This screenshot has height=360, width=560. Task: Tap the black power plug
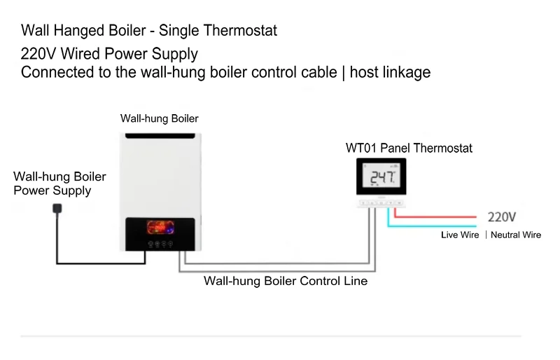pyautogui.click(x=57, y=209)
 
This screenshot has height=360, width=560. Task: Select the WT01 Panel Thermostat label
pyautogui.click(x=409, y=148)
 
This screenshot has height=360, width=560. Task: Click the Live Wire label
pyautogui.click(x=460, y=235)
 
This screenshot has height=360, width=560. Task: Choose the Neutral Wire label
pyautogui.click(x=516, y=235)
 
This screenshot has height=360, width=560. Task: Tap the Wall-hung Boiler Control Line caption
pyautogui.click(x=286, y=281)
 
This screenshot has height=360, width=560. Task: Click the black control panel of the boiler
pyautogui.click(x=161, y=234)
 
